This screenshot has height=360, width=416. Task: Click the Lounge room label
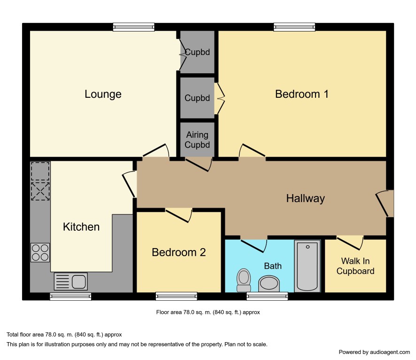(x=103, y=94)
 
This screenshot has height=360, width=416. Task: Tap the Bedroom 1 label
(x=301, y=94)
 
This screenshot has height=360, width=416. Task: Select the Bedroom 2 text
(x=178, y=252)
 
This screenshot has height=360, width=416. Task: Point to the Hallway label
(x=305, y=199)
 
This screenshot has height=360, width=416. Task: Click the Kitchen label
(x=81, y=227)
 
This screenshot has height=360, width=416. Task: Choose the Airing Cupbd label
(x=197, y=140)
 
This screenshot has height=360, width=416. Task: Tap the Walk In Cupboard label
(x=355, y=266)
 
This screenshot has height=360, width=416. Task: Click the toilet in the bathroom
(x=244, y=280)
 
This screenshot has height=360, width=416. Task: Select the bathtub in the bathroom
(x=308, y=266)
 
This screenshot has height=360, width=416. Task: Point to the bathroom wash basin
(x=269, y=284)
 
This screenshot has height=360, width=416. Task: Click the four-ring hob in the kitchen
(x=40, y=252)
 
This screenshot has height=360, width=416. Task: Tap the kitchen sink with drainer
(x=70, y=282)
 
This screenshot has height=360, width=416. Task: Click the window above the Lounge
(x=134, y=27)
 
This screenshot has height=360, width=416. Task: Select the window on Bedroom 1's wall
(x=294, y=27)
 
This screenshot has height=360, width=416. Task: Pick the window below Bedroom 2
(x=177, y=296)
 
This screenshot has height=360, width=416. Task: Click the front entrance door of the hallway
(x=385, y=203)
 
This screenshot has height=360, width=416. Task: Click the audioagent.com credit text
(x=374, y=352)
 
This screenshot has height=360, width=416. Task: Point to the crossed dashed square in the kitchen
(x=40, y=191)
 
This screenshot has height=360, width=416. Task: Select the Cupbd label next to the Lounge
(x=197, y=52)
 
